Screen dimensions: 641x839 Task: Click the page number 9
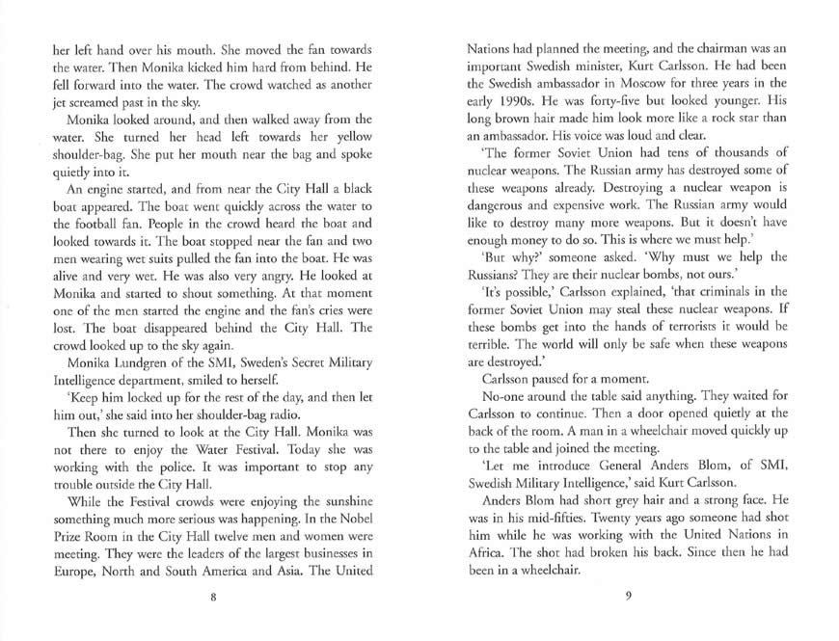tap(627, 597)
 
